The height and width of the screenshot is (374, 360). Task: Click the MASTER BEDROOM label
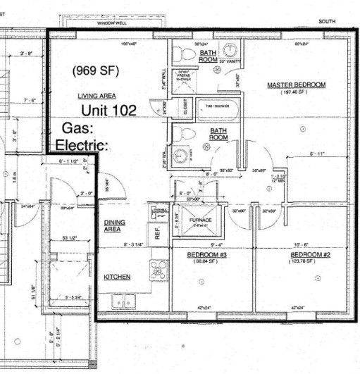296,85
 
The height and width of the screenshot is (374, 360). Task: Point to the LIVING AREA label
97,95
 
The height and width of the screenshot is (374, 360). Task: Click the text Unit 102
108,111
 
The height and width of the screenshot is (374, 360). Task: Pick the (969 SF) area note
95,70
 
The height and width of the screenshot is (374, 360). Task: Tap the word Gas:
77,128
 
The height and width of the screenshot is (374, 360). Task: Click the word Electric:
82,146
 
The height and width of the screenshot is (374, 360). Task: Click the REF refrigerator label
159,234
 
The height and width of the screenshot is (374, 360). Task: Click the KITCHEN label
118,278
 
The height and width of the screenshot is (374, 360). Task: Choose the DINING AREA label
114,225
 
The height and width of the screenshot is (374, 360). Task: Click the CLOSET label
184,110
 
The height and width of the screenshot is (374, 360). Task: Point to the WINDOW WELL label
111,23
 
